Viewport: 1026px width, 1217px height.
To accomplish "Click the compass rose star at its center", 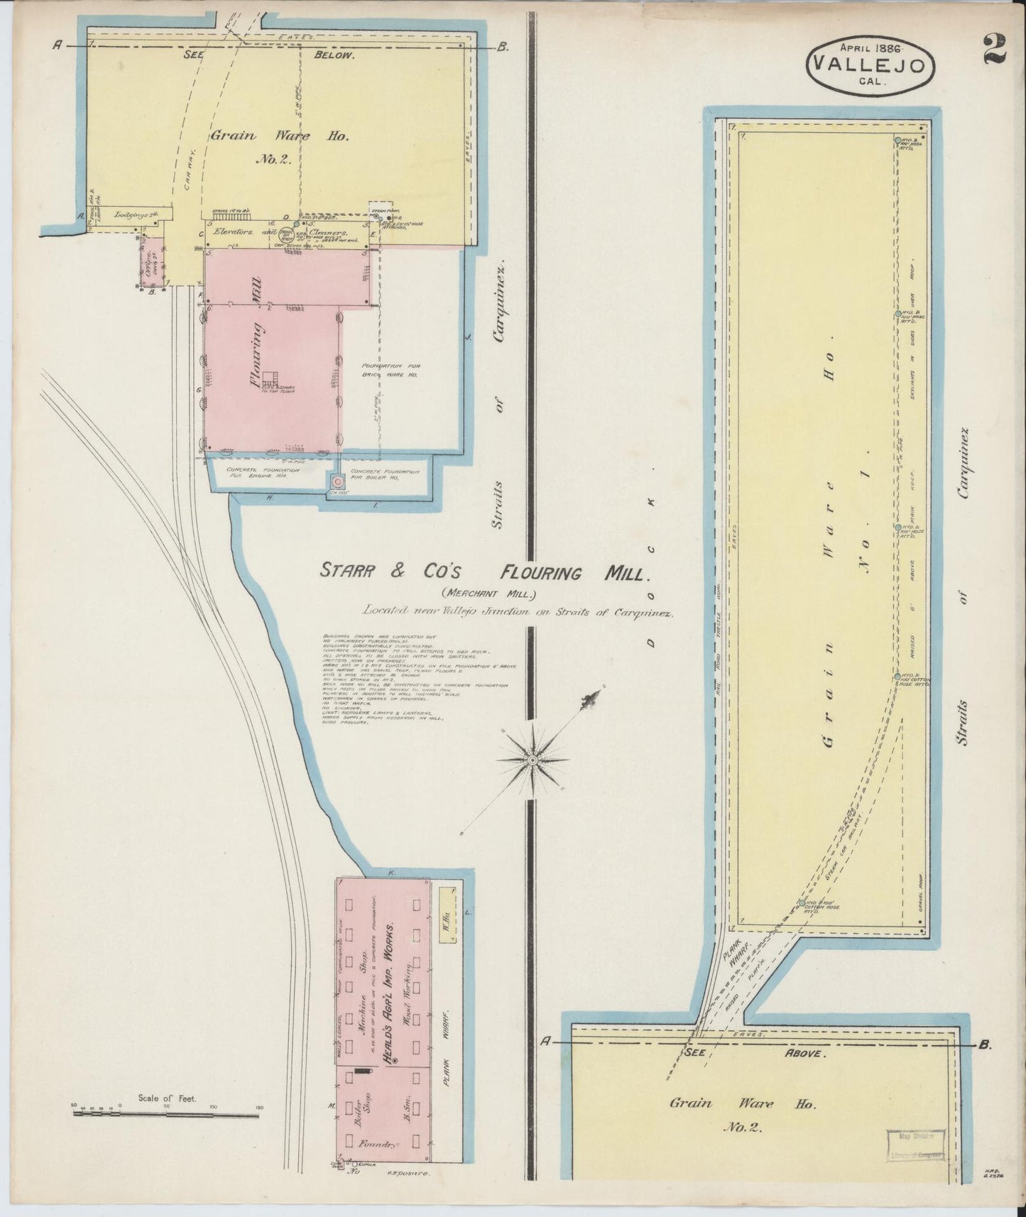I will pyautogui.click(x=533, y=760).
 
